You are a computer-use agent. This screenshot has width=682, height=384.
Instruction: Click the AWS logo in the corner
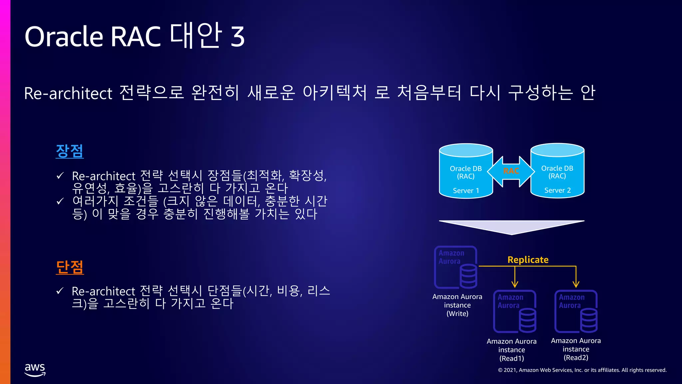coord(35,370)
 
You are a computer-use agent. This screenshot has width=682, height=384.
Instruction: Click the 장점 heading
coord(70,151)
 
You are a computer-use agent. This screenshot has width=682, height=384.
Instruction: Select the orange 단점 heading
coord(70,267)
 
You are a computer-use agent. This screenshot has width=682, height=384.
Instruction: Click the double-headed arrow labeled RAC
coord(511,171)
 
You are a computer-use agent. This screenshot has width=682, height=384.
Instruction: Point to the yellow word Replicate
coord(528,260)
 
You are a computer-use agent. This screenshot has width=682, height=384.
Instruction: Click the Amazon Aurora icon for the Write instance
coord(456,267)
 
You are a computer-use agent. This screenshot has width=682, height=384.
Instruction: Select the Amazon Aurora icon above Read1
coord(515,311)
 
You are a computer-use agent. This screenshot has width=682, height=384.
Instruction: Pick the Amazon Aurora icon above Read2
coord(576,311)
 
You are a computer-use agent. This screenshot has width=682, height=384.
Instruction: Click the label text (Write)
coord(457,314)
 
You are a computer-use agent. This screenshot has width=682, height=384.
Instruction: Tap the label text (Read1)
coord(511,358)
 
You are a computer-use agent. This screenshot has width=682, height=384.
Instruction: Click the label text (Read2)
coord(576,358)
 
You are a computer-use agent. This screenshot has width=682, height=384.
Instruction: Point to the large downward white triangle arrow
coord(511,227)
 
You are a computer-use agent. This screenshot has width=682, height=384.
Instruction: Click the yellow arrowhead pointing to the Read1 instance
coord(515,284)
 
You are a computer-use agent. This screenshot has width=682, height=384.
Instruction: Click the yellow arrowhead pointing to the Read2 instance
coord(576,284)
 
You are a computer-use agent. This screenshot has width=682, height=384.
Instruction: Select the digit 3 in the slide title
coord(238,36)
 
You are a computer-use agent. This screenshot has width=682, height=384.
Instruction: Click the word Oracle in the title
coord(64,36)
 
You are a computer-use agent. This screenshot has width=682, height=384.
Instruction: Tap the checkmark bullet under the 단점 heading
coord(60,291)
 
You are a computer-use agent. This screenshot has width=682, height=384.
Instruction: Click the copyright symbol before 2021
coord(500,370)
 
